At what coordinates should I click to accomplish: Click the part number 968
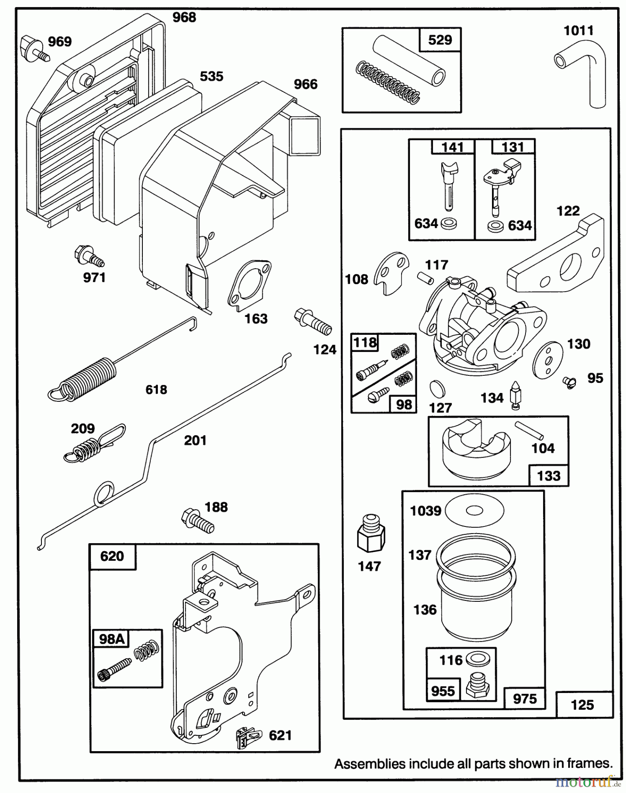pyautogui.click(x=184, y=17)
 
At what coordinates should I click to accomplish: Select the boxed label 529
pyautogui.click(x=440, y=40)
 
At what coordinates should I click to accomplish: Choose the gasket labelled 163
pyautogui.click(x=249, y=283)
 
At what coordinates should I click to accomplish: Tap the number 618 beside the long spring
pyautogui.click(x=156, y=389)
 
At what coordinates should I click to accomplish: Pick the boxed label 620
pyautogui.click(x=112, y=556)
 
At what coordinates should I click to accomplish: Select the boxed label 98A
pyautogui.click(x=111, y=639)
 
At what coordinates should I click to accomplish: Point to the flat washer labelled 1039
pyautogui.click(x=474, y=511)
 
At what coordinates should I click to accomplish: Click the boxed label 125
pyautogui.click(x=582, y=704)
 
